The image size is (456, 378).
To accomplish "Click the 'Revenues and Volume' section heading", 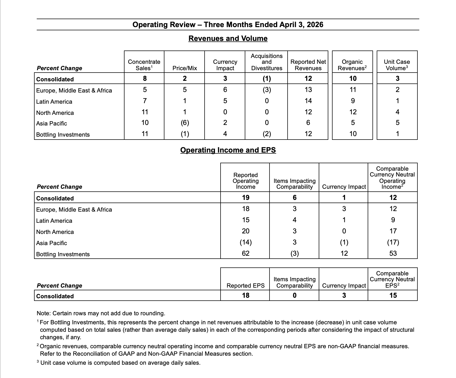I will [228, 39].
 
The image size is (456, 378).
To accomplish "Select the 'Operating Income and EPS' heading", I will [228, 150].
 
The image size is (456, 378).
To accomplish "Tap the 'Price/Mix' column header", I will [185, 68].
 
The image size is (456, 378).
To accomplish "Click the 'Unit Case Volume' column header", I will [397, 65].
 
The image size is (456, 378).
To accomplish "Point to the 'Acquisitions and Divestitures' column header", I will [267, 62].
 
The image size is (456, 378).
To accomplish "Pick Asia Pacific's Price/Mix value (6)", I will [185, 123].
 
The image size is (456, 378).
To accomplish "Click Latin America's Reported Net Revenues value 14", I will [308, 101].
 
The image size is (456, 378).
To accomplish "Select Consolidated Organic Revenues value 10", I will [353, 79].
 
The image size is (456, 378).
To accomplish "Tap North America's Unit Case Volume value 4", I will [397, 112].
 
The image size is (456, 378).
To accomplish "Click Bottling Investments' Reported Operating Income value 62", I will [246, 253].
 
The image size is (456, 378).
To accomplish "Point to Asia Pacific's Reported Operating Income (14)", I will [246, 242].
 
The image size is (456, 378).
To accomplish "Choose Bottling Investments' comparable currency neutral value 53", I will [393, 253].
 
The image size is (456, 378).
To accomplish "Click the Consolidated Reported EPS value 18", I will [246, 295].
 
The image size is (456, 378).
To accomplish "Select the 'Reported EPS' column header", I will [246, 285].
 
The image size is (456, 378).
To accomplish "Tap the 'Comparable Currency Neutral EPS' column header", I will [392, 279].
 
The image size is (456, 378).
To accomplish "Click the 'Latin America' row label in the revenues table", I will [54, 102].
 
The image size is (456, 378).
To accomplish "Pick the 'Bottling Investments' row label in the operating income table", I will [63, 254].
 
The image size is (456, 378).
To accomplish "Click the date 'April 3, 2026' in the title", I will [301, 25].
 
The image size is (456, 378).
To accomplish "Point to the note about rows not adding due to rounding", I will [101, 313].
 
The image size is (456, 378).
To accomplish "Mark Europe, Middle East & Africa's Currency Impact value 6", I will [225, 90].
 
